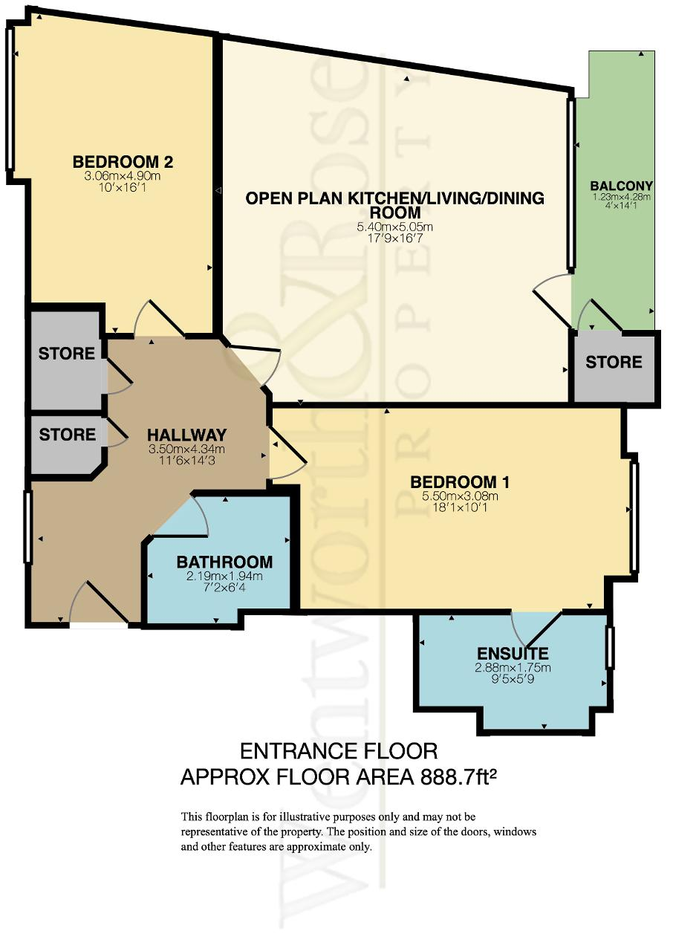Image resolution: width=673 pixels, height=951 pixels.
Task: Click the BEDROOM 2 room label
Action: click(x=123, y=162)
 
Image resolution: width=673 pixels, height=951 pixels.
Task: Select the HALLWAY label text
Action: click(x=186, y=435)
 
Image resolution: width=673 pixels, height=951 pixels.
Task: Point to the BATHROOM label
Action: click(x=224, y=562)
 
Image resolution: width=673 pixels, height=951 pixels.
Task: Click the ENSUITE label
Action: click(x=513, y=653)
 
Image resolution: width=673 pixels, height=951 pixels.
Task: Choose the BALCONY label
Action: click(x=621, y=186)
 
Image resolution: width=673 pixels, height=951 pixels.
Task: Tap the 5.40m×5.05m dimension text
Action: click(x=394, y=227)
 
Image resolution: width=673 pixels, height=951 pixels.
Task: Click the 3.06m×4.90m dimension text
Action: click(x=123, y=176)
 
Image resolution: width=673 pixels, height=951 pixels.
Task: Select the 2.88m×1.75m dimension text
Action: click(x=513, y=667)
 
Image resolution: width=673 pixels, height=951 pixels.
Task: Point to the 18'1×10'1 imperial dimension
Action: click(x=459, y=507)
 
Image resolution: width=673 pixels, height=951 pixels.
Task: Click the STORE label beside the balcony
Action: click(x=614, y=362)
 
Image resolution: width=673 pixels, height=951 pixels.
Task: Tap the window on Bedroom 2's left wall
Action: click(x=10, y=98)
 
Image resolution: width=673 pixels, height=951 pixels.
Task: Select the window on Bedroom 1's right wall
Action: click(x=634, y=516)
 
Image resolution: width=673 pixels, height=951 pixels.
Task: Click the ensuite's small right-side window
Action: click(x=610, y=647)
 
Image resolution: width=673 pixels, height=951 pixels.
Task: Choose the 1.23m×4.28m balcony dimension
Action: click(x=621, y=197)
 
